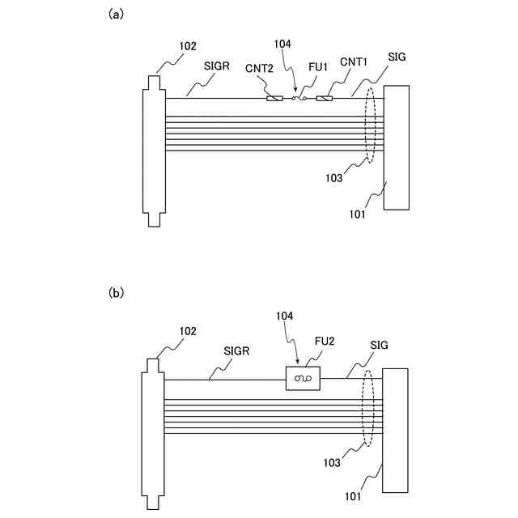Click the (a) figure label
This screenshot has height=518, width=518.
(x=117, y=14)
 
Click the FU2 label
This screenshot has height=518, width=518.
(x=325, y=342)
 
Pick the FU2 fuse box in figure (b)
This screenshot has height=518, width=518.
(x=304, y=378)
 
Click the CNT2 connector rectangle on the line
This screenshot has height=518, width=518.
(x=274, y=99)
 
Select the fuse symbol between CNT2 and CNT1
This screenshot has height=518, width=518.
(x=299, y=99)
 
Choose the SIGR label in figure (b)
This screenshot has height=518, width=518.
(x=236, y=352)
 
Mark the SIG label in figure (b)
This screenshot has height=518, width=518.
(x=379, y=345)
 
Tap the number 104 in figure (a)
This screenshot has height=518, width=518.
(x=283, y=44)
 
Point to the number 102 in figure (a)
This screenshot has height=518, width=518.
(x=187, y=46)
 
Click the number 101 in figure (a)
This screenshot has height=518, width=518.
(x=357, y=214)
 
